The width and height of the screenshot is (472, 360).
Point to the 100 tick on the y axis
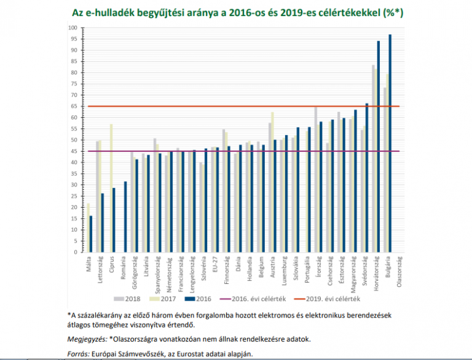click(x=73, y=28)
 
